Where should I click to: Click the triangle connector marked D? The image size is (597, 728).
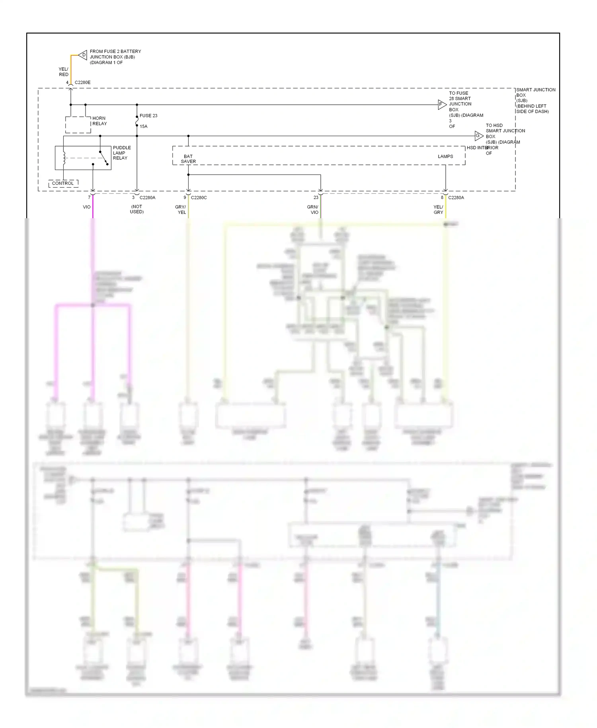pyautogui.click(x=83, y=55)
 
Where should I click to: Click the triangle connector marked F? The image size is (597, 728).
pyautogui.click(x=441, y=105)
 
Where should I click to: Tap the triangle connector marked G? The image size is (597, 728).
pyautogui.click(x=478, y=136)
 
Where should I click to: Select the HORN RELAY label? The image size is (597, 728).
pyautogui.click(x=99, y=121)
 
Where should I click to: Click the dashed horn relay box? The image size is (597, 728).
pyautogui.click(x=78, y=125)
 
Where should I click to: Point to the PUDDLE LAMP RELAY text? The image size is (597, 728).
pyautogui.click(x=121, y=153)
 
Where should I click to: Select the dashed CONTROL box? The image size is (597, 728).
pyautogui.click(x=63, y=183)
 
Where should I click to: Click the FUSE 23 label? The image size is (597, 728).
pyautogui.click(x=148, y=115)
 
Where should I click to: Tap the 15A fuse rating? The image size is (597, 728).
pyautogui.click(x=143, y=126)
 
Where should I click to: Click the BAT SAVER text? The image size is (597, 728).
pyautogui.click(x=188, y=159)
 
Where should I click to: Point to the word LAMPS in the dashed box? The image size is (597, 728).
pyautogui.click(x=445, y=157)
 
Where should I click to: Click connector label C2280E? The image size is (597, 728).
pyautogui.click(x=82, y=82)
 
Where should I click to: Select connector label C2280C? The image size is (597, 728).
pyautogui.click(x=199, y=198)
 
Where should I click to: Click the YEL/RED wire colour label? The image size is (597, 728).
pyautogui.click(x=64, y=72)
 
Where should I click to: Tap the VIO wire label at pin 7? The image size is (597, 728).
pyautogui.click(x=86, y=207)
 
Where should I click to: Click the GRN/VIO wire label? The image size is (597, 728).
pyautogui.click(x=313, y=209)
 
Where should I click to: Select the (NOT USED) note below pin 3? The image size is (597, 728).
pyautogui.click(x=137, y=209)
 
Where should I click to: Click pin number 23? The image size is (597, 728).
pyautogui.click(x=316, y=198)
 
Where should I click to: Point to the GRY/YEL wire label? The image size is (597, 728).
pyautogui.click(x=181, y=209)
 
